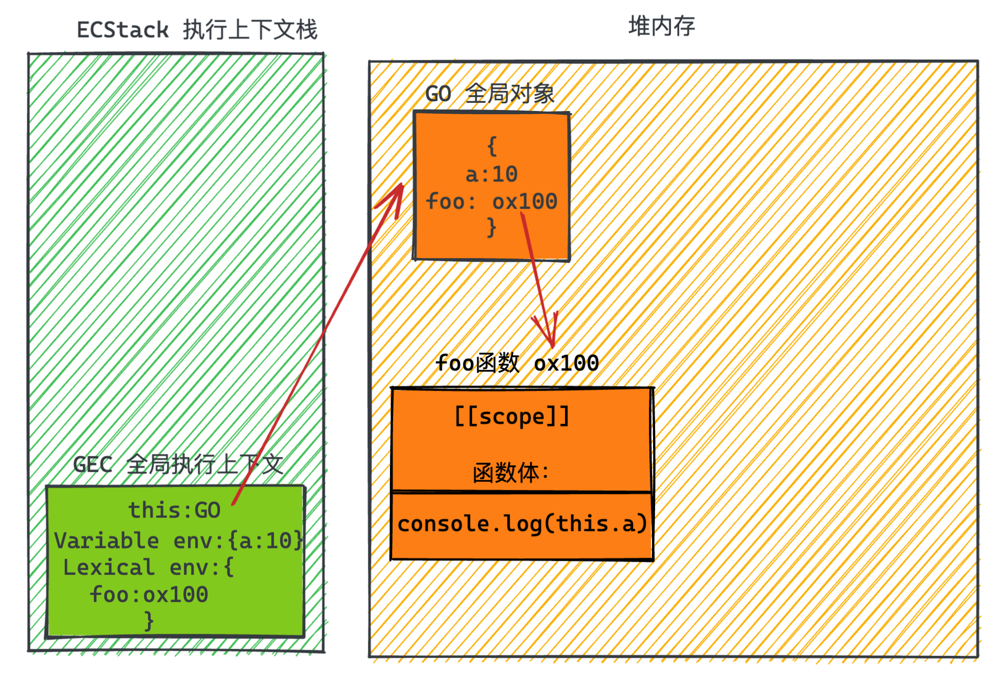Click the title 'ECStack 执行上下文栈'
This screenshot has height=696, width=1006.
pyautogui.click(x=197, y=30)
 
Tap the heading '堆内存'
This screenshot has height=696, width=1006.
pyautogui.click(x=661, y=26)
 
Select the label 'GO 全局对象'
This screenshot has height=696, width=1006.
pyautogui.click(x=490, y=94)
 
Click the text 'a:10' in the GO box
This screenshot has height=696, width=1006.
pyautogui.click(x=491, y=174)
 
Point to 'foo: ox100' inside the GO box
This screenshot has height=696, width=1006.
pyautogui.click(x=491, y=201)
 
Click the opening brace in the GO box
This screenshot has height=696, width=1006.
pyautogui.click(x=492, y=146)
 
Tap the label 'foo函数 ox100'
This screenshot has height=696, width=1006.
pyautogui.click(x=516, y=363)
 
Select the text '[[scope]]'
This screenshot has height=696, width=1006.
pyautogui.click(x=512, y=416)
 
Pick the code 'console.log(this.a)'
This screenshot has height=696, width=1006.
pyautogui.click(x=521, y=524)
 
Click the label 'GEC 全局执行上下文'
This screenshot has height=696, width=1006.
pyautogui.click(x=178, y=464)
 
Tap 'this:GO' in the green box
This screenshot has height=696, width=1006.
pyautogui.click(x=174, y=510)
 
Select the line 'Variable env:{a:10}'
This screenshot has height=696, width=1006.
pyautogui.click(x=178, y=540)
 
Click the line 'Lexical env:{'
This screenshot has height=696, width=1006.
pyautogui.click(x=148, y=567)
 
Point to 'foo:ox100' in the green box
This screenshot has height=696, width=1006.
pyautogui.click(x=149, y=595)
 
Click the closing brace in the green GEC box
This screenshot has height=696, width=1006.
pyautogui.click(x=149, y=621)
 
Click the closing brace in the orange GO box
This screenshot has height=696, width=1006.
pyautogui.click(x=492, y=227)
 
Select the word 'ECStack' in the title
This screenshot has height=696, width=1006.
pyautogui.click(x=123, y=30)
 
